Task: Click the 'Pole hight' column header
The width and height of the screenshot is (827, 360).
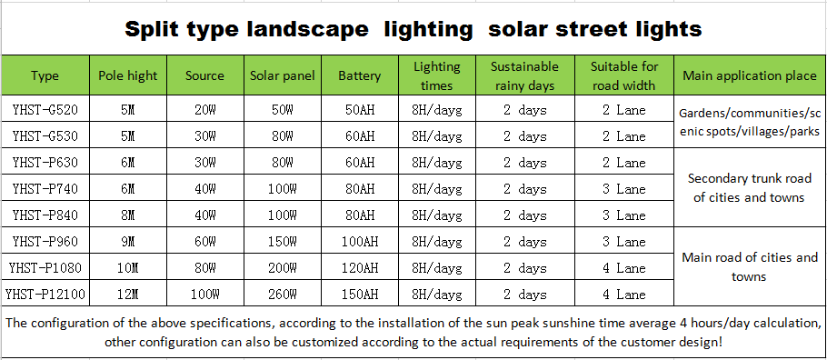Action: (x=127, y=75)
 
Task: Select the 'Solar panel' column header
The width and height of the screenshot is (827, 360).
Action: (x=283, y=75)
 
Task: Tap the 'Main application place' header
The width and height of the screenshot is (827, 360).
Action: (x=749, y=75)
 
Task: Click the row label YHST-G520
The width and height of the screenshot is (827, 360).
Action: (x=45, y=111)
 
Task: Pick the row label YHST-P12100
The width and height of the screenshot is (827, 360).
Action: (x=45, y=294)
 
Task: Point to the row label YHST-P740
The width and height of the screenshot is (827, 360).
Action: (x=45, y=189)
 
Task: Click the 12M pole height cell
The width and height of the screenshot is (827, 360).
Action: (x=127, y=294)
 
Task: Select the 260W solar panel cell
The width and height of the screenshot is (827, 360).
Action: (x=283, y=294)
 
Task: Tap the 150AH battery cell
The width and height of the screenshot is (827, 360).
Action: (x=358, y=294)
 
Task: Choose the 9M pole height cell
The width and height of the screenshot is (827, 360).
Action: (x=127, y=242)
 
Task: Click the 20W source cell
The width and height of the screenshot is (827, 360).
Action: (x=204, y=111)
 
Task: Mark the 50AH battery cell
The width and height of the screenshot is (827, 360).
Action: (x=358, y=111)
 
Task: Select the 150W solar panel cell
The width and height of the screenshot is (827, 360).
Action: (x=283, y=242)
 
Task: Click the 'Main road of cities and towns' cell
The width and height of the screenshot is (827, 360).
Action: (x=749, y=267)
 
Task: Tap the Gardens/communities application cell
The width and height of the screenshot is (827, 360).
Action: (x=749, y=123)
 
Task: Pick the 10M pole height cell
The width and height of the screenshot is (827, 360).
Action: (x=127, y=268)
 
